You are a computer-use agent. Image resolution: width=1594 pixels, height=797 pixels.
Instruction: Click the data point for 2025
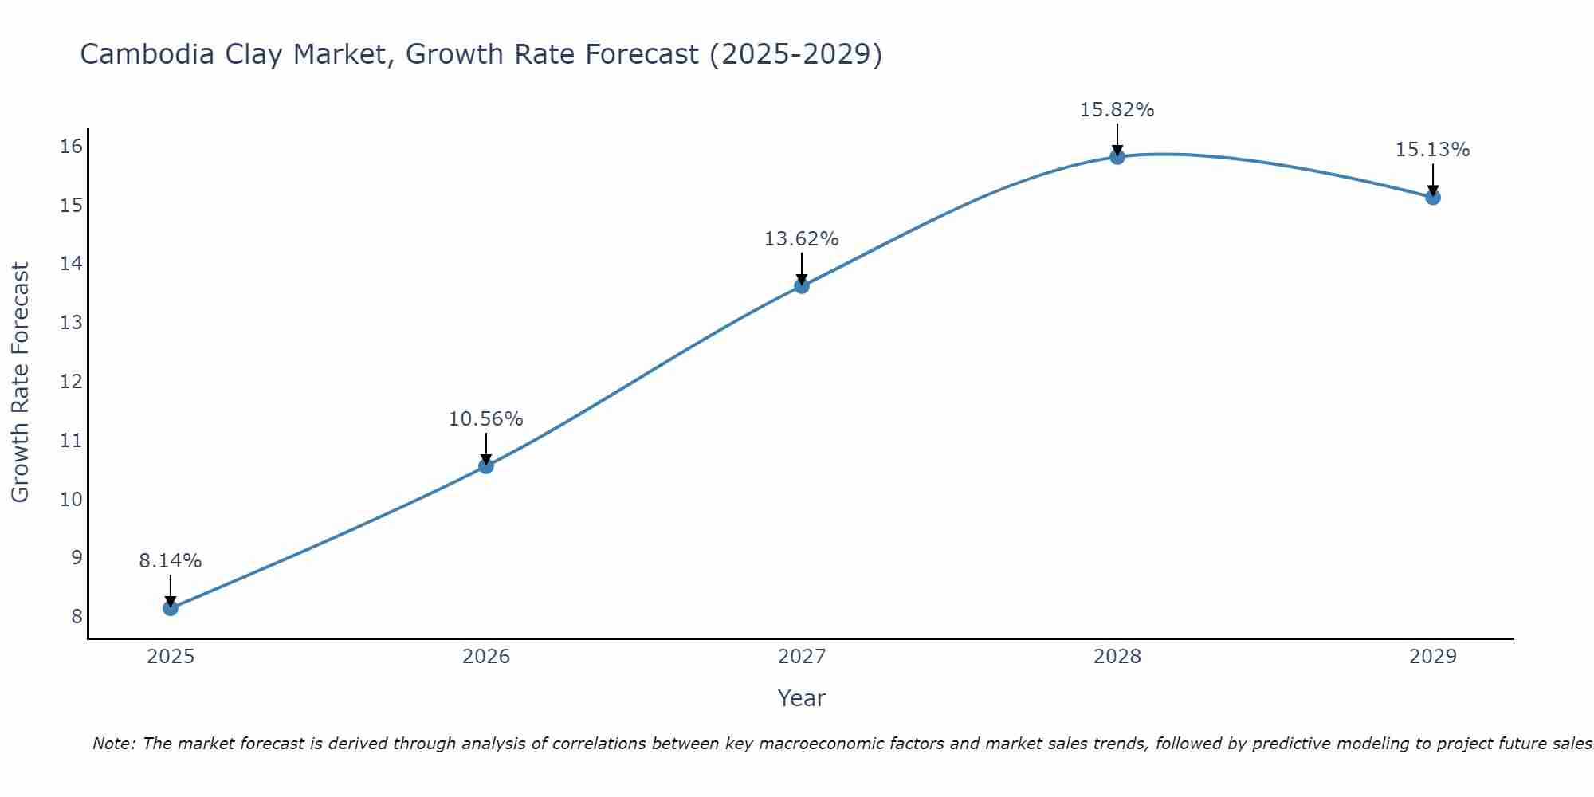170,608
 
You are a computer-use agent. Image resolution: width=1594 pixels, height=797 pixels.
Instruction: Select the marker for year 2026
485,465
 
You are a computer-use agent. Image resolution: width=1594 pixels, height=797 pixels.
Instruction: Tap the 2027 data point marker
801,285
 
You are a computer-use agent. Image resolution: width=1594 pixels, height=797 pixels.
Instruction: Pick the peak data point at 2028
1117,156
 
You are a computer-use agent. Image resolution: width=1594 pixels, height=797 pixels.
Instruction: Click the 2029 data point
1432,197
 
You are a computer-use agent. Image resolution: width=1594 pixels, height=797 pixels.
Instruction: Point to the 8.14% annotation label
170,561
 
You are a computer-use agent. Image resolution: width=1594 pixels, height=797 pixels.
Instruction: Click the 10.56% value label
485,419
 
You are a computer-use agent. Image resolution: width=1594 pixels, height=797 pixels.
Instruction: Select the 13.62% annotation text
801,239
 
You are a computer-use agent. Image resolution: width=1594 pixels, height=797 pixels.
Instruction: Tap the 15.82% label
1117,110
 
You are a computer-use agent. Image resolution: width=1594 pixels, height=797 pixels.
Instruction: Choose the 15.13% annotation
1432,150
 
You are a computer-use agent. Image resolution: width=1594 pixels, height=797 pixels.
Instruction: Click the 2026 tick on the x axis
485,657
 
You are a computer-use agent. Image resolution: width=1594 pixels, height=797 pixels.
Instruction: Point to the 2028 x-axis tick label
1117,657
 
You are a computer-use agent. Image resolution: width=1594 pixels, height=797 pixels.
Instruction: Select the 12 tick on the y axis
71,381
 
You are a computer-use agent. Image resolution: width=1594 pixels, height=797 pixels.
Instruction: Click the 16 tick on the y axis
71,146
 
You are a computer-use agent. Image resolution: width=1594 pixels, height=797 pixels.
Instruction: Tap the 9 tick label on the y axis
77,557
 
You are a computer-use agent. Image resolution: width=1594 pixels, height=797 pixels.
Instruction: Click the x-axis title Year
801,698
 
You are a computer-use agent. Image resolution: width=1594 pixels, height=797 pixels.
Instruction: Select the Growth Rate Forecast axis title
20,383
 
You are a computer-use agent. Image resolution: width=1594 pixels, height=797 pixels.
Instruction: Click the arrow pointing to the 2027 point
801,269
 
